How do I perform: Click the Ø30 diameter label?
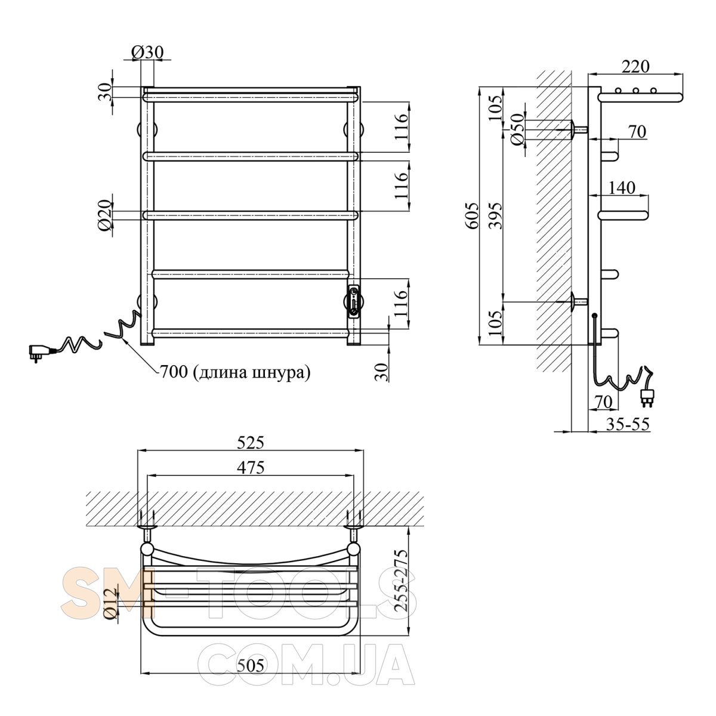pos(147,53)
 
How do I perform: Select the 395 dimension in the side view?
pos(496,216)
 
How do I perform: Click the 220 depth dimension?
pos(635,66)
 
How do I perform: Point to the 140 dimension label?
pos(622,187)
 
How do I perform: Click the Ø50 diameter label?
pos(517,129)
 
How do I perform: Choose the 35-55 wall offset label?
pos(628,424)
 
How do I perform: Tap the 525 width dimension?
pos(251,443)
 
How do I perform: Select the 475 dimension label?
pos(251,467)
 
